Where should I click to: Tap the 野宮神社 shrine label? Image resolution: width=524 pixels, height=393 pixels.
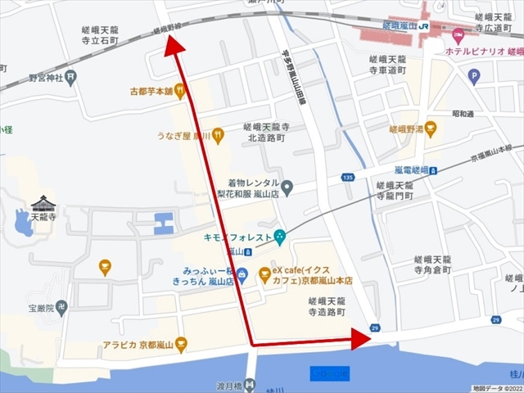click(x=46, y=79)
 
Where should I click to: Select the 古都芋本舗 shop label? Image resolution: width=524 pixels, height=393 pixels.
click(x=151, y=91)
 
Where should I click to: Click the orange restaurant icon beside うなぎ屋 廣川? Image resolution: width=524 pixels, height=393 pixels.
click(x=218, y=136)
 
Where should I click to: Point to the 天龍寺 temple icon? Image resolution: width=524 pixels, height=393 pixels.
click(x=43, y=204)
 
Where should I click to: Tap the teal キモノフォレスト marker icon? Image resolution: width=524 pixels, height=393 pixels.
click(x=280, y=237)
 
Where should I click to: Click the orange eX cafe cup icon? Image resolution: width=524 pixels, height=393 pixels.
click(x=264, y=274)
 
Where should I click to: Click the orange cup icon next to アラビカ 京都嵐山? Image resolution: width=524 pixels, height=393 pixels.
click(x=181, y=344)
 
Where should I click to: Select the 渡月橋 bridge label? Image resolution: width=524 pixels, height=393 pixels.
click(x=231, y=386)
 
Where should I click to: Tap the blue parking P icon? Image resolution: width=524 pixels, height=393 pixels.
click(x=473, y=77)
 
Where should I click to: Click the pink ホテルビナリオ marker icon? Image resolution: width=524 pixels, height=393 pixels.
click(x=458, y=34)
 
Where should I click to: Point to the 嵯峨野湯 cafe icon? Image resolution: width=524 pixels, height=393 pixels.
click(x=431, y=128)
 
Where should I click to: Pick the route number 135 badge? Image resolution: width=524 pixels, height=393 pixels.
click(x=348, y=176)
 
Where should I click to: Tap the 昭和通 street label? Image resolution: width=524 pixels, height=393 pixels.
click(x=463, y=114)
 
